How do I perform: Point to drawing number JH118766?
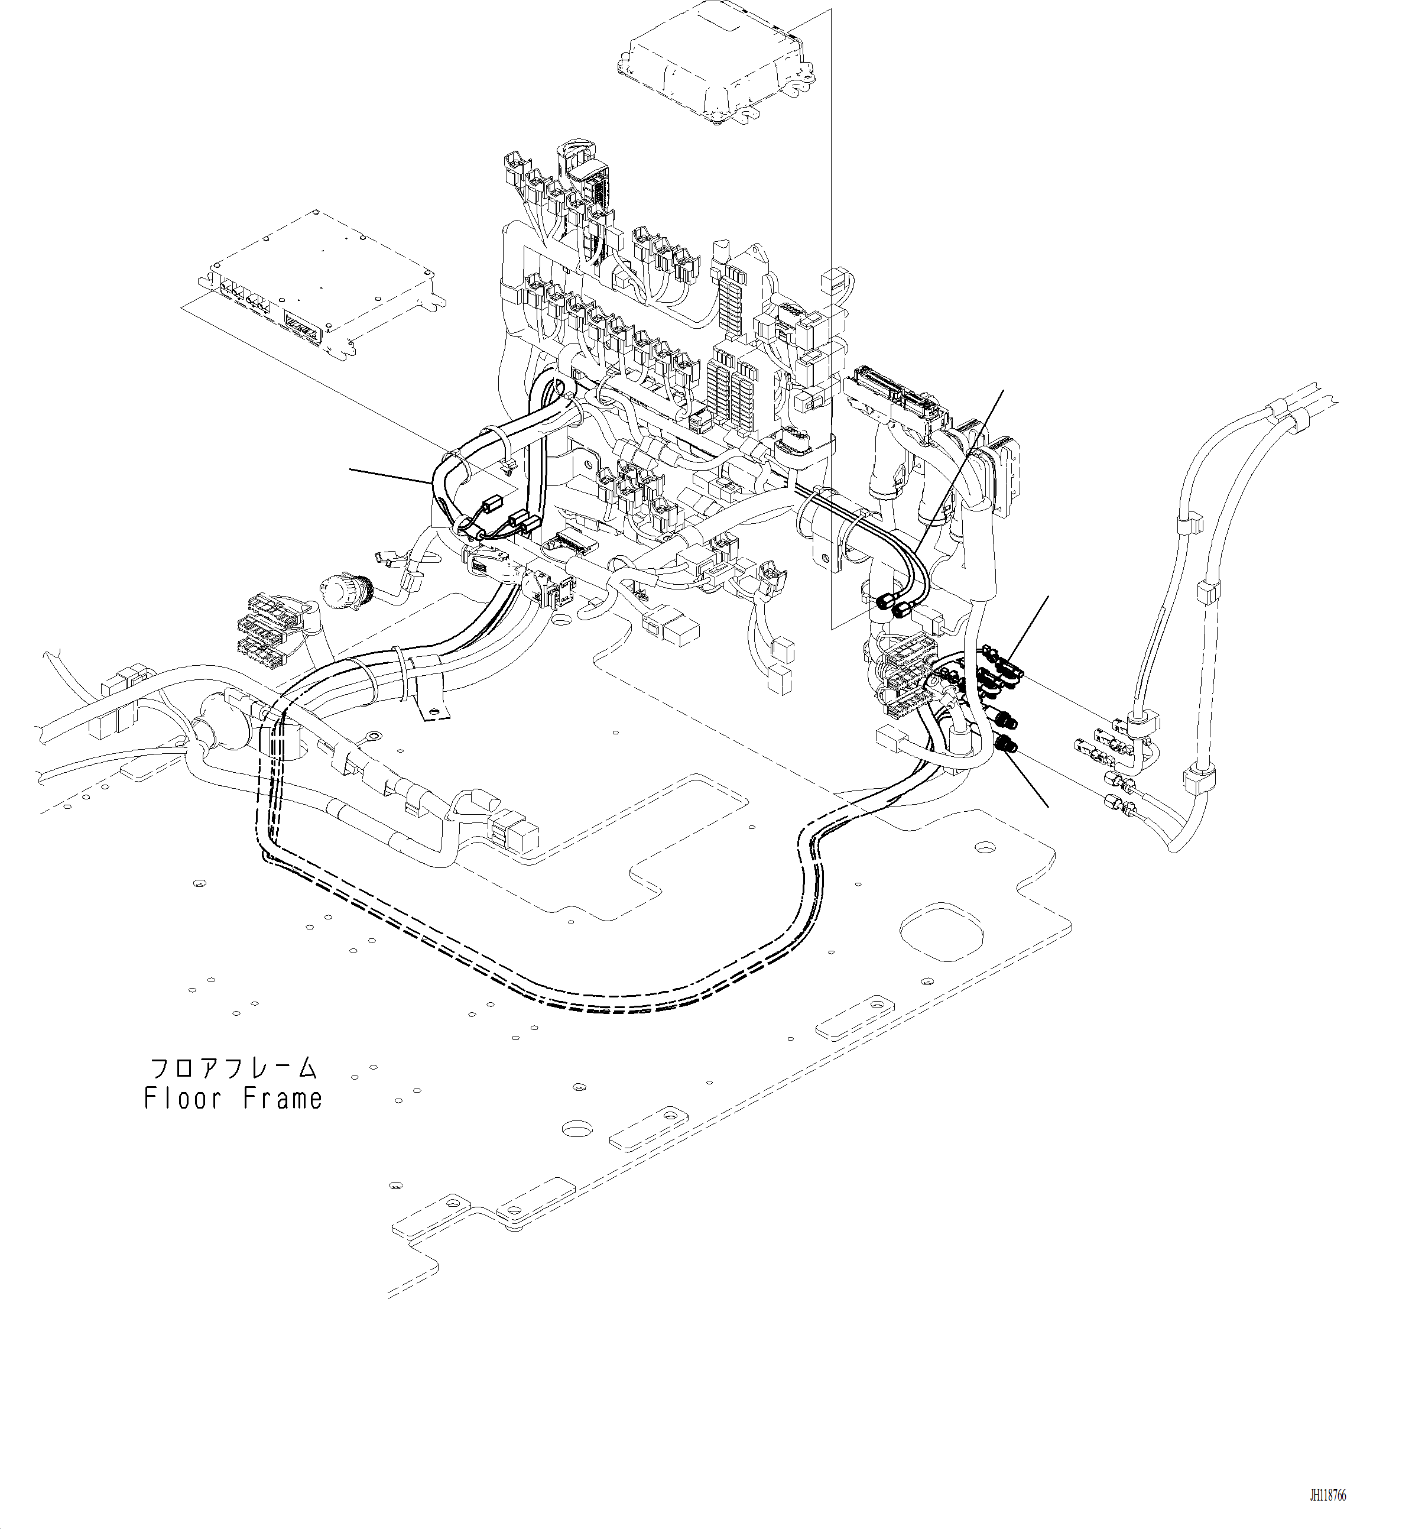click(1327, 1495)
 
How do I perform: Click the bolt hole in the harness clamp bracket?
click(436, 715)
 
